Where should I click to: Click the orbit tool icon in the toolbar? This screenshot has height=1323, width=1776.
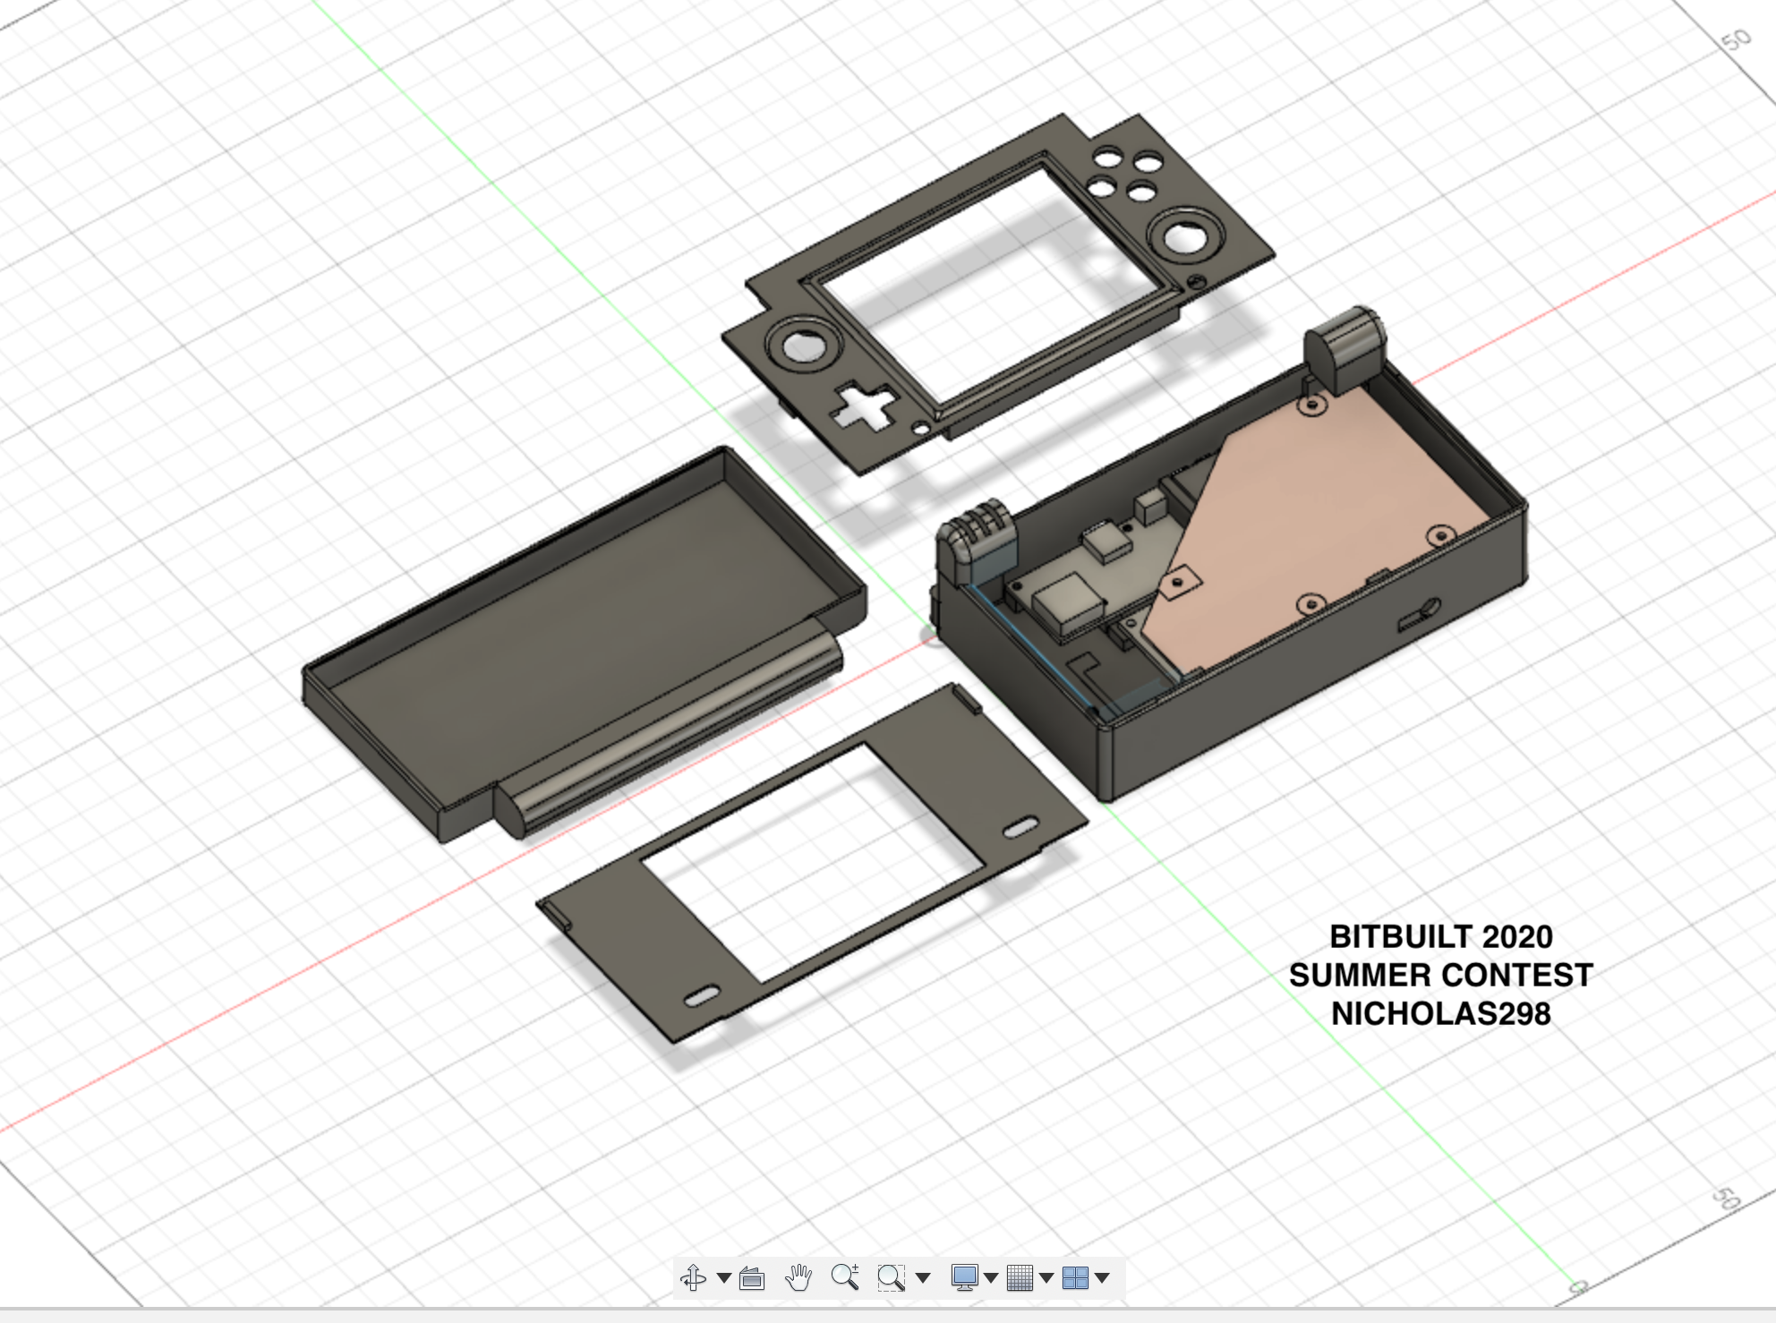pos(694,1277)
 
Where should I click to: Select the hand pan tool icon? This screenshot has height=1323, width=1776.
pos(798,1277)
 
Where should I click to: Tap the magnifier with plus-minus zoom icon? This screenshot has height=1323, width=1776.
pos(845,1276)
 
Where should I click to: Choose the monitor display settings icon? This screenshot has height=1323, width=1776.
pos(964,1277)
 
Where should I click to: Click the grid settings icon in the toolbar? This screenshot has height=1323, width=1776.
pos(1020,1277)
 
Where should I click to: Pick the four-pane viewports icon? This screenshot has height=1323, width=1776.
pos(1075,1277)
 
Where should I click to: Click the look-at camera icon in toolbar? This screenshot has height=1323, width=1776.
pos(752,1278)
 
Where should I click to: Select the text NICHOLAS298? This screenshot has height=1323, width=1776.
pos(1441,1013)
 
